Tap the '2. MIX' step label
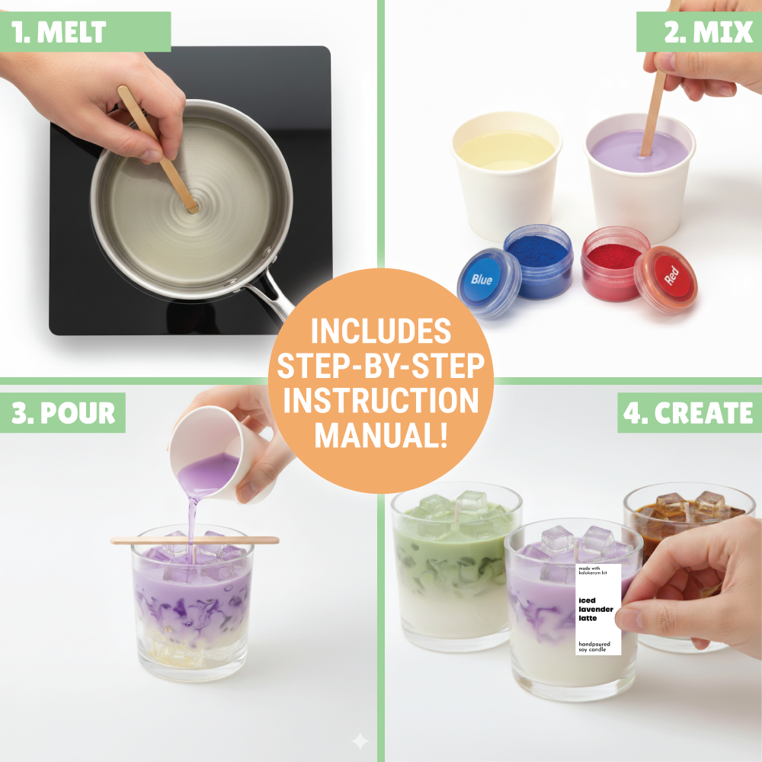pyautogui.click(x=698, y=31)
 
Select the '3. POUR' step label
pyautogui.click(x=63, y=412)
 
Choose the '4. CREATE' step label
pyautogui.click(x=688, y=412)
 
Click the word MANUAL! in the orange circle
pyautogui.click(x=380, y=436)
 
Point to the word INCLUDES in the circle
pyautogui.click(x=380, y=331)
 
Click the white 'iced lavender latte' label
pyautogui.click(x=599, y=610)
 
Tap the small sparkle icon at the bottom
pyautogui.click(x=360, y=741)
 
